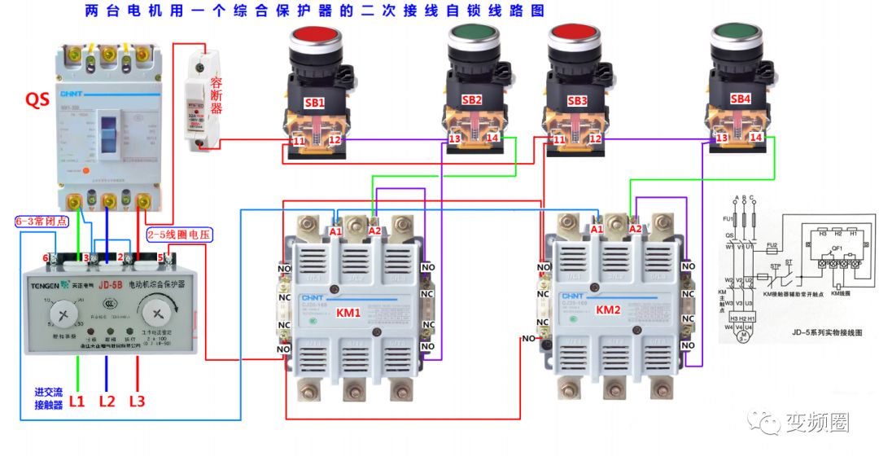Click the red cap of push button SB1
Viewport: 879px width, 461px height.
point(314,37)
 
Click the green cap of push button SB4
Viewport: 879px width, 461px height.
point(738,34)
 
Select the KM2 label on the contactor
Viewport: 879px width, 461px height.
point(608,310)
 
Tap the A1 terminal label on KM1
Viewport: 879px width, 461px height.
point(336,230)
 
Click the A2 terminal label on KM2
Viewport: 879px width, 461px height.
point(636,230)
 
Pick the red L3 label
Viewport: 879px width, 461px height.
point(137,401)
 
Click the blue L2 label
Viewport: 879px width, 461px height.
point(107,401)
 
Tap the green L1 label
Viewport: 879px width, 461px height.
point(77,401)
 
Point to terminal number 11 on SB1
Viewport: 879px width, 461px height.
point(299,141)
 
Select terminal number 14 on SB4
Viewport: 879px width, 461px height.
point(756,138)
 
